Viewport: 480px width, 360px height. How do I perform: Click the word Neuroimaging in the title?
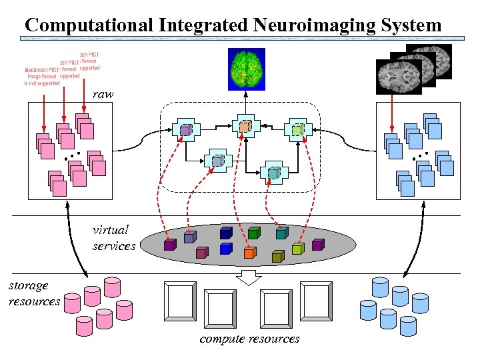tap(307, 25)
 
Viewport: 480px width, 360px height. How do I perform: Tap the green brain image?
tap(246, 69)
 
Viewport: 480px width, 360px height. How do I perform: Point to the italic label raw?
tap(103, 95)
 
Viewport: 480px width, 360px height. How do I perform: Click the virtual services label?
tap(113, 238)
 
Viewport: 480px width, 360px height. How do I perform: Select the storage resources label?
tap(33, 293)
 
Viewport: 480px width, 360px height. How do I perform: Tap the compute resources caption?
tap(249, 339)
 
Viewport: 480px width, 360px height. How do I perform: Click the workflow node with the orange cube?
tap(245, 126)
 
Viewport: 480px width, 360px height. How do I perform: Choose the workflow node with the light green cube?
tap(297, 130)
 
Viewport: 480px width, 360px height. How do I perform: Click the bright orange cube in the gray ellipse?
tap(249, 253)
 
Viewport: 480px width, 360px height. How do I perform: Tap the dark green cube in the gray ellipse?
tap(253, 233)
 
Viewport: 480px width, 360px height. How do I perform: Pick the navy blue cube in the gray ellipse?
tap(226, 233)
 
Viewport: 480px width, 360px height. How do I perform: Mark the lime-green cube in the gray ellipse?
tap(298, 248)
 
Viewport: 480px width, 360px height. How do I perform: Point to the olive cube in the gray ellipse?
tap(277, 256)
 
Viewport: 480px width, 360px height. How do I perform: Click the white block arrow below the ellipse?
tap(250, 277)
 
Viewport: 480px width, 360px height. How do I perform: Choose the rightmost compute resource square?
tap(315, 301)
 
